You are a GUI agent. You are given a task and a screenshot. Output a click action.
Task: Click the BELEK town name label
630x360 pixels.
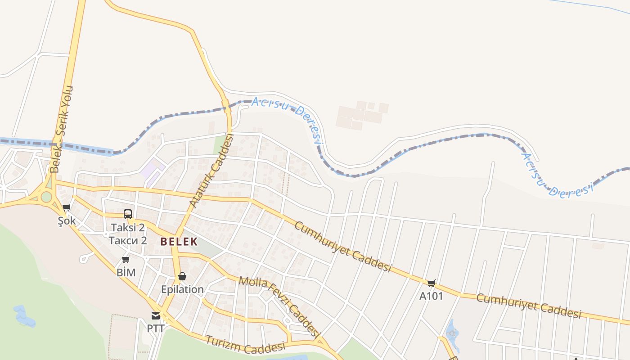tap(179, 241)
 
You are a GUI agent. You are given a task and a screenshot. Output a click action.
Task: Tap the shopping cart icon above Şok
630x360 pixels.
tap(67, 208)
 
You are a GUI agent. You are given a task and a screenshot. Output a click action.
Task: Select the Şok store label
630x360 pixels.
tap(67, 221)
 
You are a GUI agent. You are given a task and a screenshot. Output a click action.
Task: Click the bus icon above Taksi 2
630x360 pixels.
tap(128, 214)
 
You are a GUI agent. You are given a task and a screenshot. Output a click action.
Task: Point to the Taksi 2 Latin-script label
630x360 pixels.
tap(128, 227)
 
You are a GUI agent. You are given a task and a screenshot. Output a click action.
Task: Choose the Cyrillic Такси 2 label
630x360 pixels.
tap(128, 240)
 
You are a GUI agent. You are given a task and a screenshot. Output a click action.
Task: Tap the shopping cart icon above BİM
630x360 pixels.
tap(126, 260)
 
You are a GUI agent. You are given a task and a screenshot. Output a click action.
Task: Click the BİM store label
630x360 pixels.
tap(126, 273)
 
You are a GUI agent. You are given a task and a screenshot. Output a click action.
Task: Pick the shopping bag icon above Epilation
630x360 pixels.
tap(182, 276)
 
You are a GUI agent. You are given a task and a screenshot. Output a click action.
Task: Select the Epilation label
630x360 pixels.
tap(182, 289)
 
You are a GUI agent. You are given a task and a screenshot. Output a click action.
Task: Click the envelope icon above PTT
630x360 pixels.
tap(156, 315)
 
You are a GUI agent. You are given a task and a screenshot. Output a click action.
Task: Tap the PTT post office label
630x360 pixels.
tap(156, 328)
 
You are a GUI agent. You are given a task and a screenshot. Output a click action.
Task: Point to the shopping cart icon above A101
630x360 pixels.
tap(432, 283)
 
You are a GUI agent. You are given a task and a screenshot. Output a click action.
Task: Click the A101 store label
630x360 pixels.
tap(431, 296)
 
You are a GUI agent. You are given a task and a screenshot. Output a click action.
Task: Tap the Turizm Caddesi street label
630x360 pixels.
tap(246, 345)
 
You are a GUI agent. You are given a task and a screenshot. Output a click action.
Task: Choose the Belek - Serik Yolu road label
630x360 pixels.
tap(62, 129)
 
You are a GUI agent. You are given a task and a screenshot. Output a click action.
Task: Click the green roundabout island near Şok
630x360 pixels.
tap(46, 197)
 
